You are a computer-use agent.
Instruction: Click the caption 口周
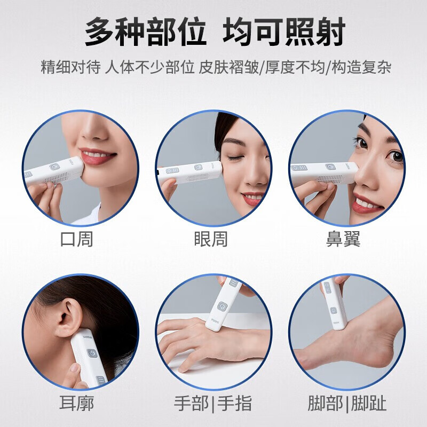[77, 239]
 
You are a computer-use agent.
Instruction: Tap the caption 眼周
[211, 239]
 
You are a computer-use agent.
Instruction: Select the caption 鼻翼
[343, 239]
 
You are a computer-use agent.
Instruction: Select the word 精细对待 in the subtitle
[70, 68]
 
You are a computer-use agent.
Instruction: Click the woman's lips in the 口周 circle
[98, 156]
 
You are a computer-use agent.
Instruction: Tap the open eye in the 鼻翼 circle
[396, 156]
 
